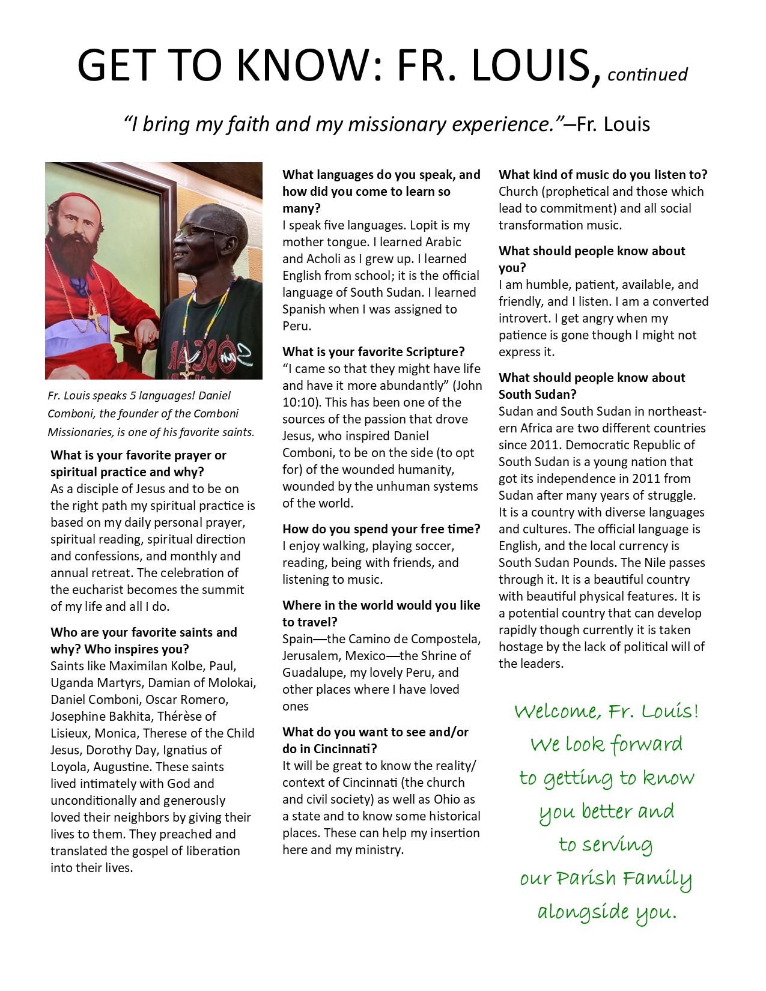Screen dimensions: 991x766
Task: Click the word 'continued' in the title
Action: tap(647, 74)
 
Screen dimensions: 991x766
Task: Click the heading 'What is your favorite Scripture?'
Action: tap(374, 352)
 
